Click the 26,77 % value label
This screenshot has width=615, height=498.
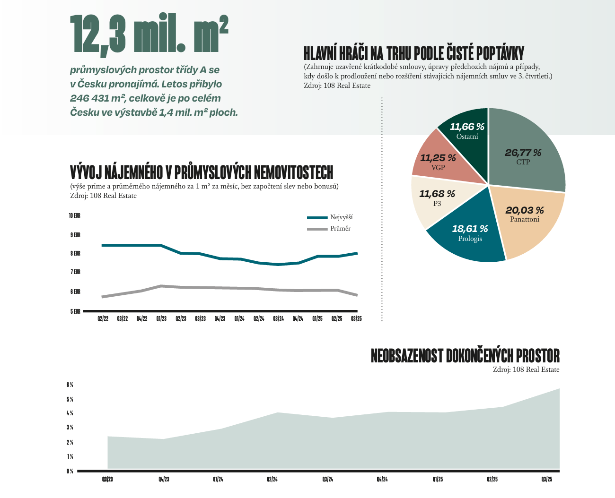(523, 153)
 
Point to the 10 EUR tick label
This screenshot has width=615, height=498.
(75, 216)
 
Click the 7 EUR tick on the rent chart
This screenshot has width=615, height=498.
(75, 272)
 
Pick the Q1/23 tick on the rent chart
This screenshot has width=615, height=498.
(161, 319)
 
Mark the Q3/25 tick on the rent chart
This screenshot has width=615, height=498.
(356, 319)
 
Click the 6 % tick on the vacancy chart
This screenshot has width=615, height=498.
(70, 385)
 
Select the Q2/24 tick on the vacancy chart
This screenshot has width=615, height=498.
(272, 480)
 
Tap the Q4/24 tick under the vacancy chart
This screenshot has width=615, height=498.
(382, 480)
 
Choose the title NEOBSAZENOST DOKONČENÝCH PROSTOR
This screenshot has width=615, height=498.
(465, 356)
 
